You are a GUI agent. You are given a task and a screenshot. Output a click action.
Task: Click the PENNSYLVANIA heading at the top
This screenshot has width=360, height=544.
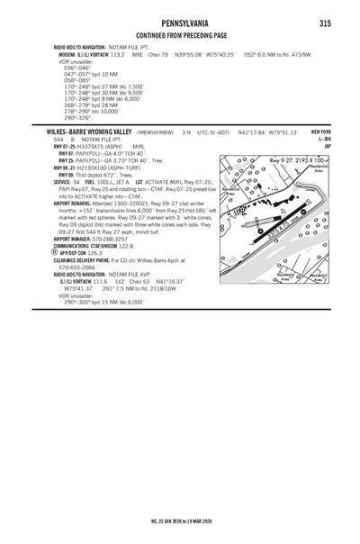(x=179, y=22)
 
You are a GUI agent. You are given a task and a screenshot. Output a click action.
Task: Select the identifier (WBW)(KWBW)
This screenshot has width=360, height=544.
(x=155, y=131)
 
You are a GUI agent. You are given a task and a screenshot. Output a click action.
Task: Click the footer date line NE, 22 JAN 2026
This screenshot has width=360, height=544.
(x=179, y=532)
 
